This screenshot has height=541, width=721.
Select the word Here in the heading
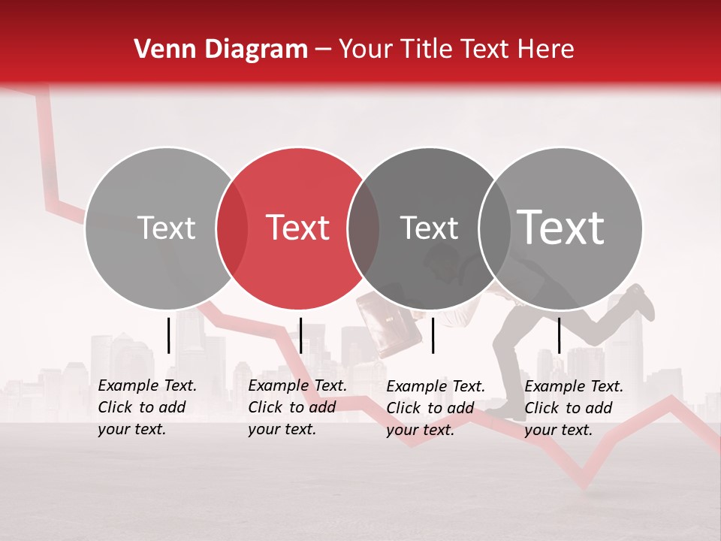point(547,50)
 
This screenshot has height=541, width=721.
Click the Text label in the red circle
point(298,228)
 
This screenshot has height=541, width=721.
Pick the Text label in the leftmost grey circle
point(166,228)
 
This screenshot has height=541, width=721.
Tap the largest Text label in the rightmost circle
point(561,228)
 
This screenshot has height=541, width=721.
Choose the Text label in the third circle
point(429,228)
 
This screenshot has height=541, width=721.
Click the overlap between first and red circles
point(232,228)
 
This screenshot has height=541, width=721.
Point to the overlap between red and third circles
point(364,228)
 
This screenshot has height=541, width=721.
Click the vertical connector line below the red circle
point(300,335)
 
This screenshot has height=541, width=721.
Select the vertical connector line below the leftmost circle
point(168,335)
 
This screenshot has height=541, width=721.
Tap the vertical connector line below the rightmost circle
point(559,335)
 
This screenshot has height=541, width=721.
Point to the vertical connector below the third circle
point(433,335)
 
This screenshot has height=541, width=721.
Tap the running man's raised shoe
point(641,301)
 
